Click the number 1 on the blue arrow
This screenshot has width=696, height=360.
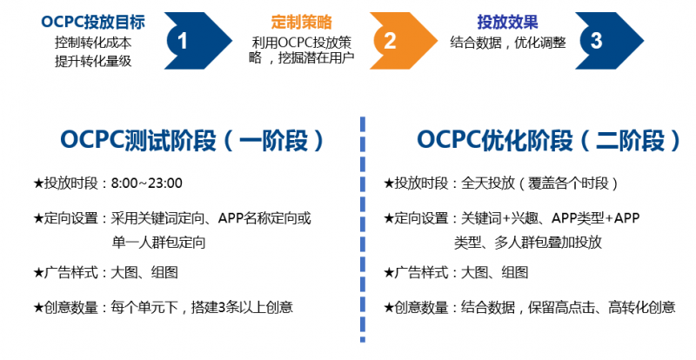183,41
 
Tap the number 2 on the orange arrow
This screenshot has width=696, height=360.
390,41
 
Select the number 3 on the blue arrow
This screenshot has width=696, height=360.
596,41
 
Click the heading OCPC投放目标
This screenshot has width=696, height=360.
93,23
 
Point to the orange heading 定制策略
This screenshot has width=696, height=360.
301,23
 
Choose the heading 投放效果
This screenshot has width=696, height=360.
508,23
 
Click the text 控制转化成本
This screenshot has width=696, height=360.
93,43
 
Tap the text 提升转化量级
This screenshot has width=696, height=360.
93,61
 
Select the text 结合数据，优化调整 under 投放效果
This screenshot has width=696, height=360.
508,43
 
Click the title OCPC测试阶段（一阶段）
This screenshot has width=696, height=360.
193,140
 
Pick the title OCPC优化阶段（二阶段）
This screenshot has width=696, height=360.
549,140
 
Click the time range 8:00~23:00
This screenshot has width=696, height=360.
146,183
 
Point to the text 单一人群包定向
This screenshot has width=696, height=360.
158,243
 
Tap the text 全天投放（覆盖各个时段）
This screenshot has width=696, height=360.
539,183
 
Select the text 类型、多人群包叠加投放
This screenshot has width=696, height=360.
528,243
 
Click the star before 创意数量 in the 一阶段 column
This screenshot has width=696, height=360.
38,307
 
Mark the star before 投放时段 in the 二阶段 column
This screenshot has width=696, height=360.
388,183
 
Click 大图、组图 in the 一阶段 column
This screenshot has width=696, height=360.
144,272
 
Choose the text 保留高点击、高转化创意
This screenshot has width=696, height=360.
601,307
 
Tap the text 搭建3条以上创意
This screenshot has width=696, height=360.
242,307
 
